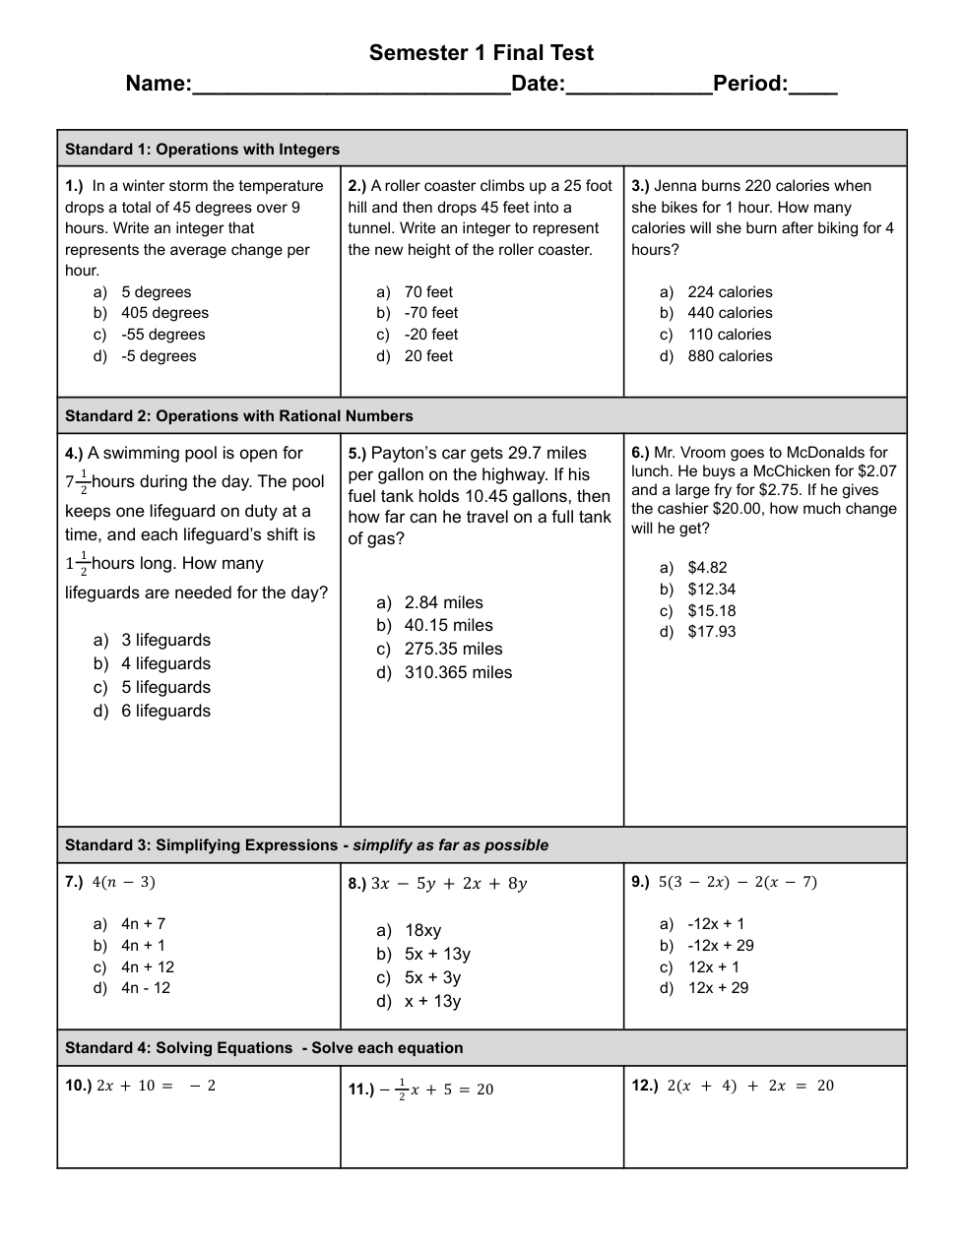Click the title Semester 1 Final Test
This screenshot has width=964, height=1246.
482,53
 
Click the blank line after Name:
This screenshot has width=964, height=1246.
352,87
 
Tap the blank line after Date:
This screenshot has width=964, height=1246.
639,87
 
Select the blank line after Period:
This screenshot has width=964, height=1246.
813,87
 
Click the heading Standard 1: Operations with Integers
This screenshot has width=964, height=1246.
202,150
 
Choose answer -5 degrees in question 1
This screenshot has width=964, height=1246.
159,356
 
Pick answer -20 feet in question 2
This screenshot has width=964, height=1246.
431,335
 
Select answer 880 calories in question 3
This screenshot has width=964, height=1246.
730,356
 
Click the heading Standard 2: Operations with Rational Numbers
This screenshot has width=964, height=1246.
239,416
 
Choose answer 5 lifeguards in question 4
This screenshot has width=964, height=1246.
165,687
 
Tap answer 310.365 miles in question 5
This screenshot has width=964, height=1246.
458,673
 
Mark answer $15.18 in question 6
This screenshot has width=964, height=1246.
711,610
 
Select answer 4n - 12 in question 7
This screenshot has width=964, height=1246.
146,988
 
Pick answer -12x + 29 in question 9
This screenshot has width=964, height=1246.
721,946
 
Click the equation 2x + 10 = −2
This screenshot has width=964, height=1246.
156,1086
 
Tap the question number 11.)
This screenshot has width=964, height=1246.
361,1090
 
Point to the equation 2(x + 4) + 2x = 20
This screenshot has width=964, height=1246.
749,1086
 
